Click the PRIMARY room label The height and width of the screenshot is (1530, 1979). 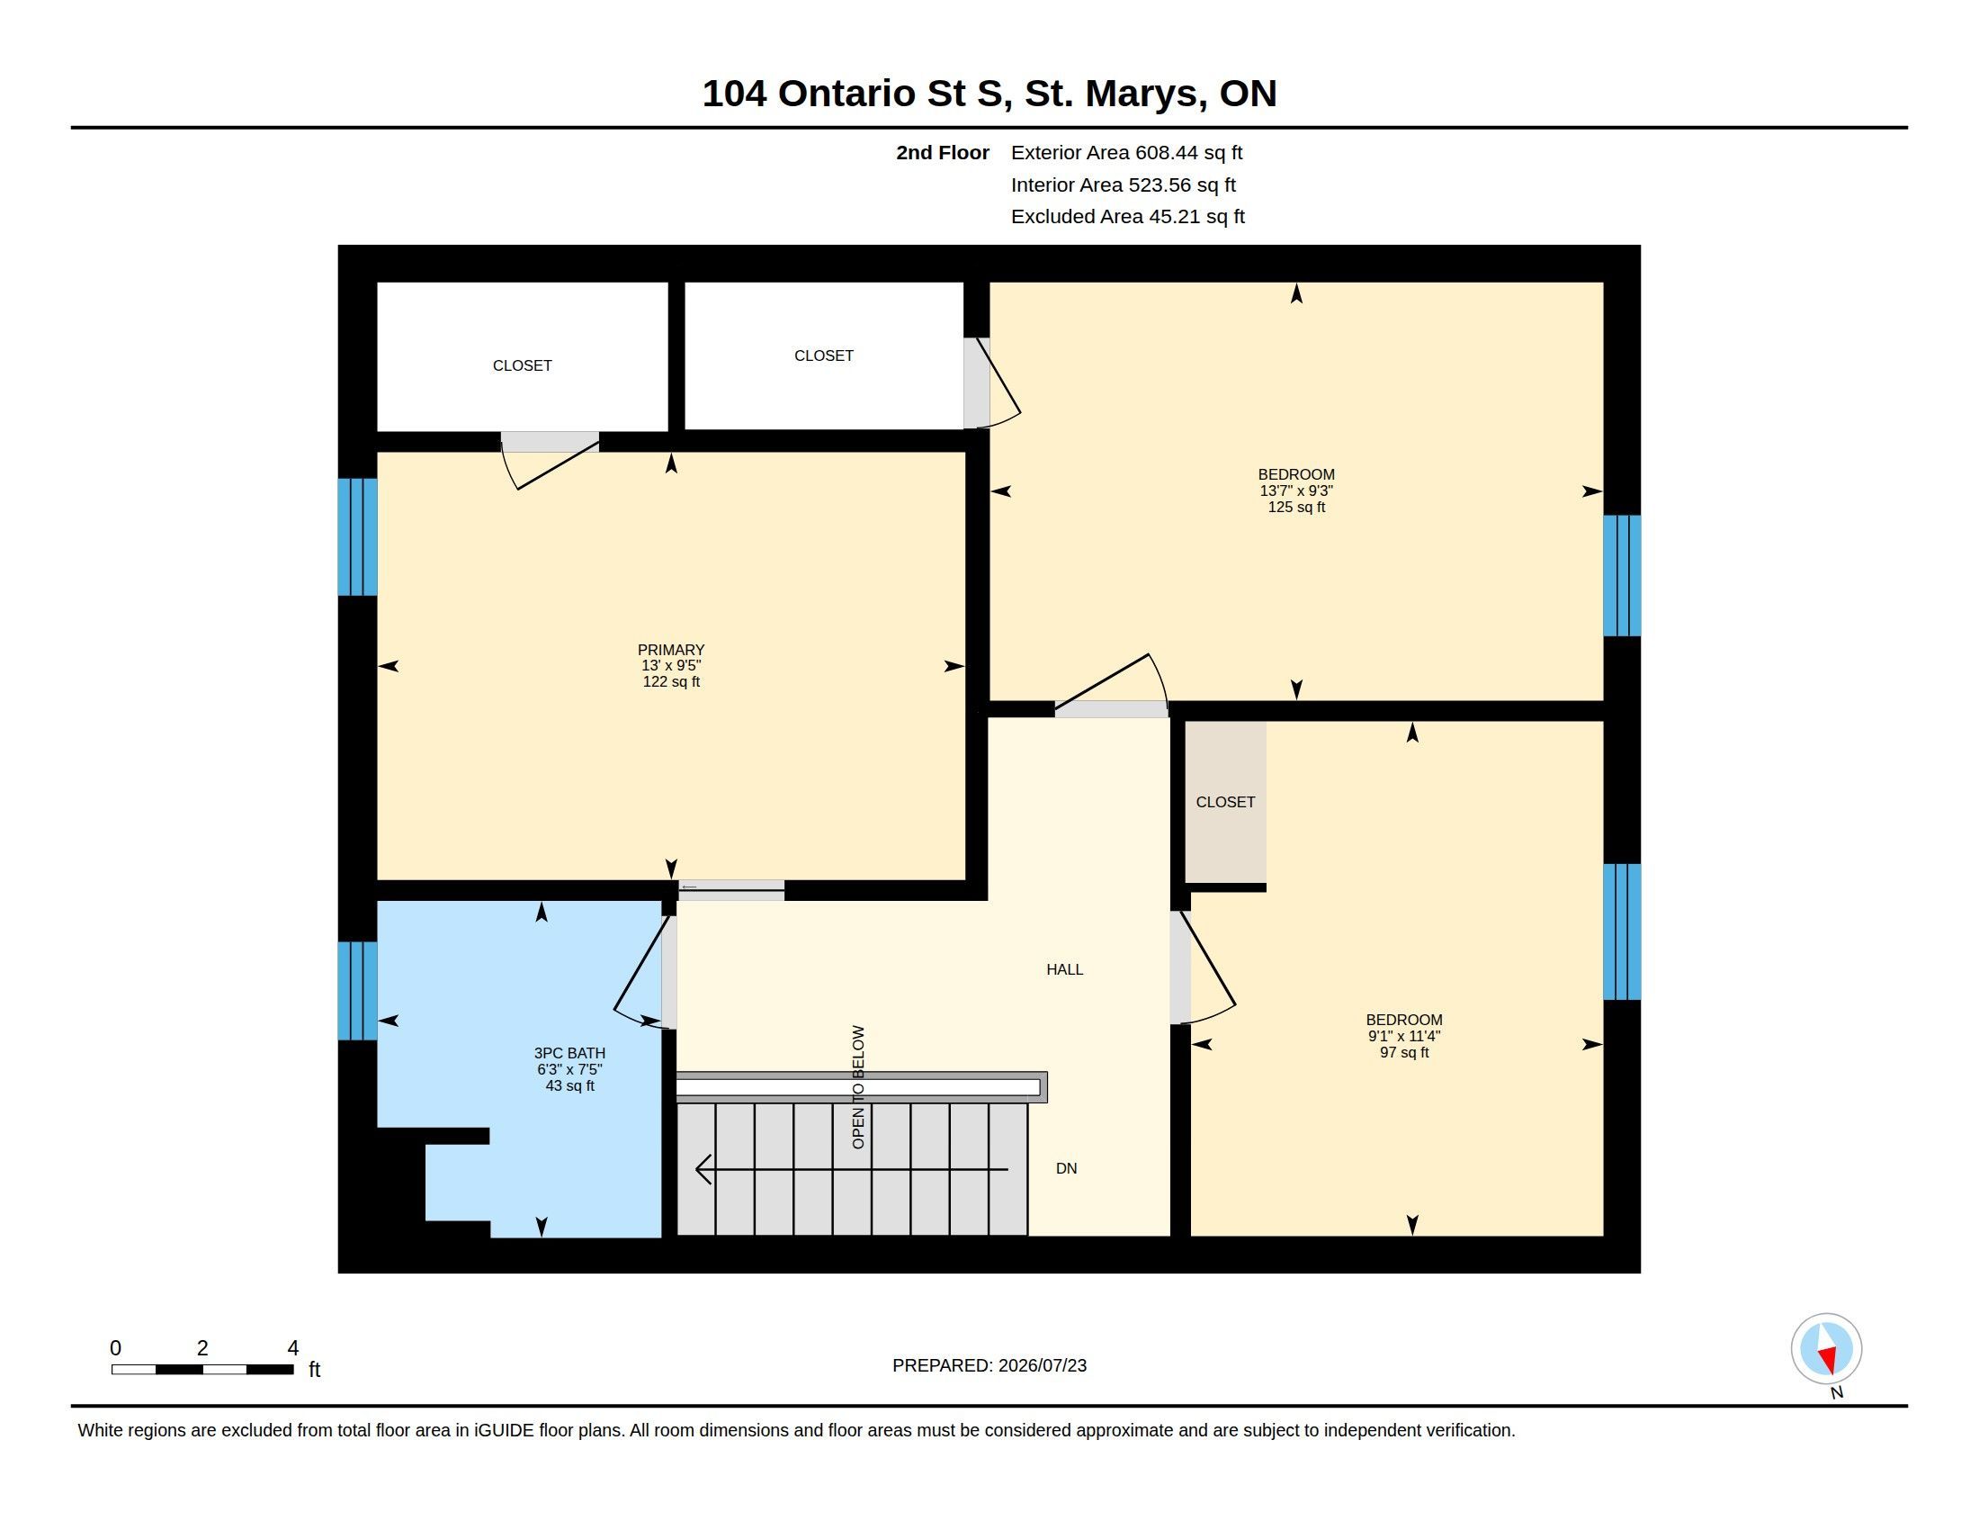coord(670,650)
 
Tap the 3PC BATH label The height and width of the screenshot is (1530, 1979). coord(569,1053)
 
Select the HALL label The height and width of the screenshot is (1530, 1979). coord(1065,970)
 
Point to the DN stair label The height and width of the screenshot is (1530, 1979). coord(1067,1168)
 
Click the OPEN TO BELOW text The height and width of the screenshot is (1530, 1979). coord(859,1087)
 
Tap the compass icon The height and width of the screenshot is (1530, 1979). coord(1827,1349)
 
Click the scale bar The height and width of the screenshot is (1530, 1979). coord(202,1369)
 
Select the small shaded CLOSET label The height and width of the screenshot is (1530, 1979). coord(1225,802)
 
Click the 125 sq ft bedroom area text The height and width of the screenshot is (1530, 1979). coord(1295,508)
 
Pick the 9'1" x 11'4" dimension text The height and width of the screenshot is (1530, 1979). coord(1403,1036)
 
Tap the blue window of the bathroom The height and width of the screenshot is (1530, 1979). coord(357,991)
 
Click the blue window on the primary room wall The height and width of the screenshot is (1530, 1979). coord(357,536)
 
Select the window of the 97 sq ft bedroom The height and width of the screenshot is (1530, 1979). coord(1622,931)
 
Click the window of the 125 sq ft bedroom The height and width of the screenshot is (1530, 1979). coord(1622,576)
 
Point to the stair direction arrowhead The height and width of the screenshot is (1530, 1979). coord(703,1169)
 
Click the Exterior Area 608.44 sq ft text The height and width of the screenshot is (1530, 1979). coord(1126,153)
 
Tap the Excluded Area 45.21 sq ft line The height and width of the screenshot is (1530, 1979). coord(1127,217)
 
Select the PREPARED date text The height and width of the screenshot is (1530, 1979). coord(989,1365)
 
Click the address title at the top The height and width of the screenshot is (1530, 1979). coord(989,94)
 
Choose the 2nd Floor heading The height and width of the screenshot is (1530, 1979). coord(943,153)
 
